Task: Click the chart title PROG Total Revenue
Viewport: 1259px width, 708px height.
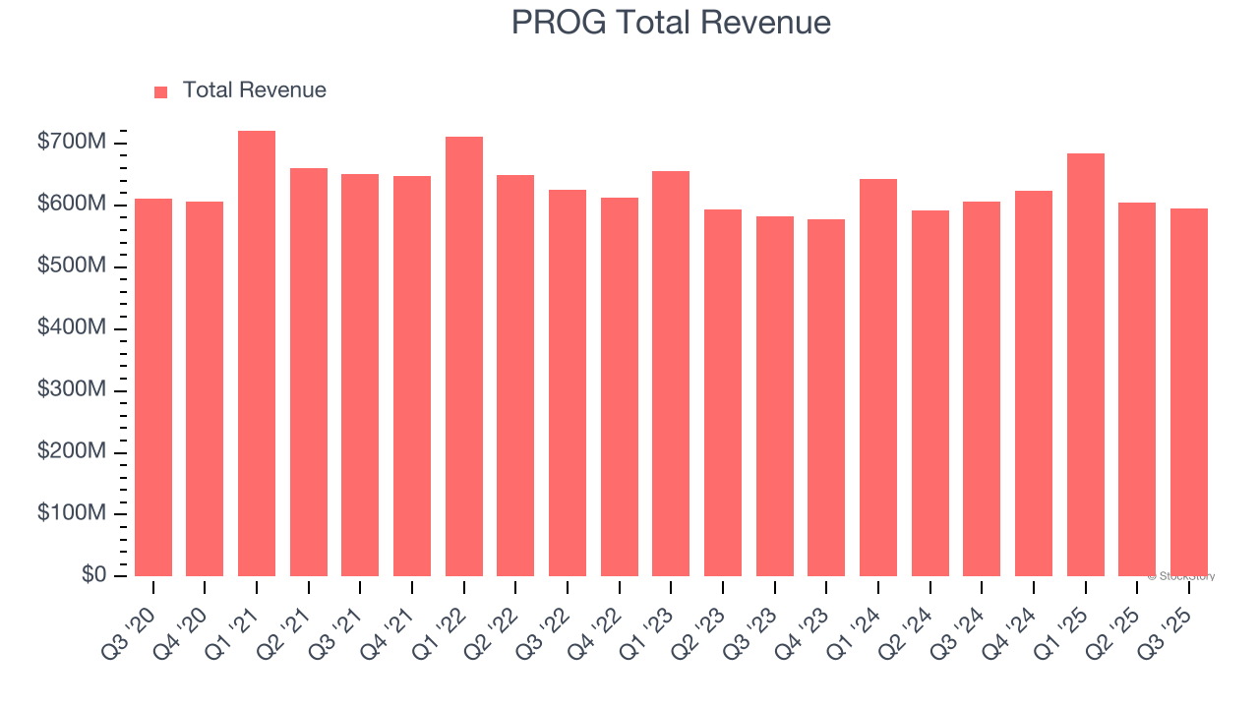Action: point(671,22)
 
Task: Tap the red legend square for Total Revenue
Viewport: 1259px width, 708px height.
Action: point(161,91)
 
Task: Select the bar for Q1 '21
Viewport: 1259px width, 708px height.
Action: point(257,354)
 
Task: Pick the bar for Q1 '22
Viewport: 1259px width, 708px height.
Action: point(464,356)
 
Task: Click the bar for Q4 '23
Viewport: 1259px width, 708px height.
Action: point(826,397)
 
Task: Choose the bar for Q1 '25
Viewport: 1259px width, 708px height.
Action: point(1085,365)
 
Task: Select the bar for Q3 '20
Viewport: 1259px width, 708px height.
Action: point(153,387)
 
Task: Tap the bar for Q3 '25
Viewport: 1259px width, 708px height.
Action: point(1189,392)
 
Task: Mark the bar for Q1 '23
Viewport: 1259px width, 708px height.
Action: point(671,374)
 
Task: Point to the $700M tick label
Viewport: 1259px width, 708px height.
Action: point(71,144)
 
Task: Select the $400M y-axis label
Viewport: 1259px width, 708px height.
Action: point(71,328)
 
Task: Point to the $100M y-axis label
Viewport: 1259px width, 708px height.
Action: point(71,513)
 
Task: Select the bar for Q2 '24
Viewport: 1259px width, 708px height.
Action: point(930,393)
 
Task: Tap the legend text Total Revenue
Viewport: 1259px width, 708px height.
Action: point(254,90)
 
